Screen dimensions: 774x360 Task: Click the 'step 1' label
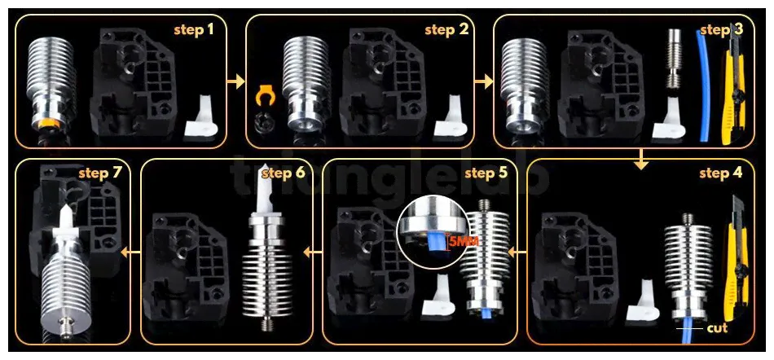[x=194, y=30]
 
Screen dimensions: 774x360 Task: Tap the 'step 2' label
[x=446, y=30]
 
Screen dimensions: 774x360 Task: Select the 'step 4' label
[x=721, y=173]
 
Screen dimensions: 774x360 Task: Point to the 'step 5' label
[x=486, y=173]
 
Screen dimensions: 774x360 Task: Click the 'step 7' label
[x=100, y=173]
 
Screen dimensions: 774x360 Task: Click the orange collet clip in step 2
[x=265, y=95]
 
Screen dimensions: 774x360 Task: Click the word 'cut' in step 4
[x=717, y=328]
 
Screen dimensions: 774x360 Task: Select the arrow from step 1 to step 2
[x=237, y=81]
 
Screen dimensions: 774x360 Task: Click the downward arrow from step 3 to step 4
[x=640, y=160]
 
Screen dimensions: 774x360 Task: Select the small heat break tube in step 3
[x=673, y=59]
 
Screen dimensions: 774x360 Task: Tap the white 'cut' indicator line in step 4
[x=689, y=328]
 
